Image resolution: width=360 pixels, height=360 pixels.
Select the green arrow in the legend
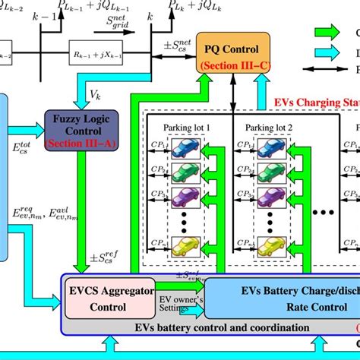[x=330, y=32]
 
